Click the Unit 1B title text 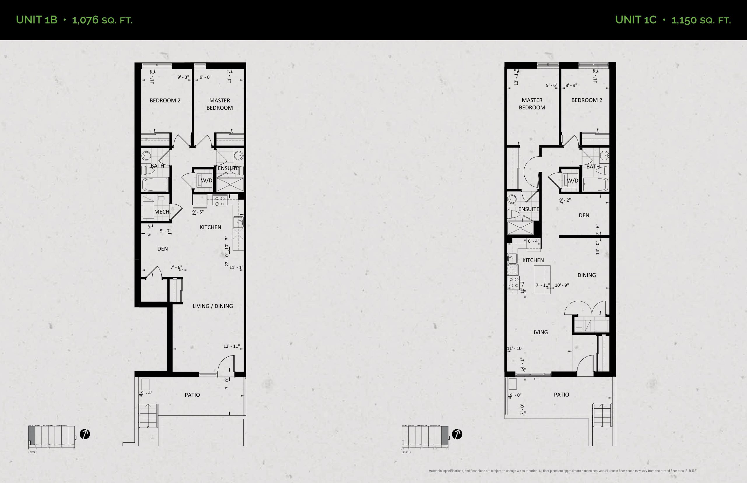74,20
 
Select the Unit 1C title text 673,20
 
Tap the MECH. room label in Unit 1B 162,212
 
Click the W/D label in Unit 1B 206,181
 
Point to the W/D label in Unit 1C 573,180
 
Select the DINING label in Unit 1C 587,275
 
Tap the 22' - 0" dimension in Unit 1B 227,260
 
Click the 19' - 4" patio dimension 146,393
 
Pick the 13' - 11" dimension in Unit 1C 516,77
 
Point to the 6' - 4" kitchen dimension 533,241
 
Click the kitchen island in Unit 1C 542,279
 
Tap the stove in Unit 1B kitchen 220,201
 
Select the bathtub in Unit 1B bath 155,184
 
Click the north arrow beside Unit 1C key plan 457,434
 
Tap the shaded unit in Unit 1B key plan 32,435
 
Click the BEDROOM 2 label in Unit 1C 587,100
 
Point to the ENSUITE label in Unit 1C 529,209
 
